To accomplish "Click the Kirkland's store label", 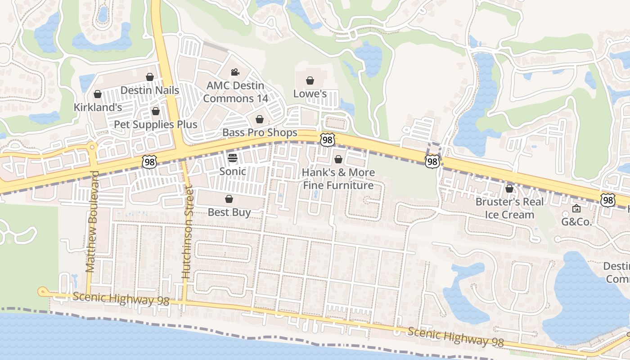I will [98, 108].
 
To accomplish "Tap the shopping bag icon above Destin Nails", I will [150, 77].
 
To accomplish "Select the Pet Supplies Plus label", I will [155, 124].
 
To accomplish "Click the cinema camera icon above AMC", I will [235, 72].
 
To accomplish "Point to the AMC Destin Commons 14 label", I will [235, 92].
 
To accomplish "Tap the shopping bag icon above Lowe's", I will [310, 81].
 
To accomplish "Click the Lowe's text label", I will [310, 94].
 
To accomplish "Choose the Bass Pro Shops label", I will [260, 132].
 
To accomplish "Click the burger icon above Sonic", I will [233, 158].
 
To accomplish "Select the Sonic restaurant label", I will [233, 171].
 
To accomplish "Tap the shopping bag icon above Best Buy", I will [229, 199].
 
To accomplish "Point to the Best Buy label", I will [229, 212].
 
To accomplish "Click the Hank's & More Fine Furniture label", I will [338, 179].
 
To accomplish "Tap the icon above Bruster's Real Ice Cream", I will [509, 189].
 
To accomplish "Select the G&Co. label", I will [576, 222].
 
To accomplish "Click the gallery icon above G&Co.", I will [576, 209].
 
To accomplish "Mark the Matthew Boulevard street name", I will [92, 221].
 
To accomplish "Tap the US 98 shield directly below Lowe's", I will [328, 140].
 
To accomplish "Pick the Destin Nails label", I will [150, 90].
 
